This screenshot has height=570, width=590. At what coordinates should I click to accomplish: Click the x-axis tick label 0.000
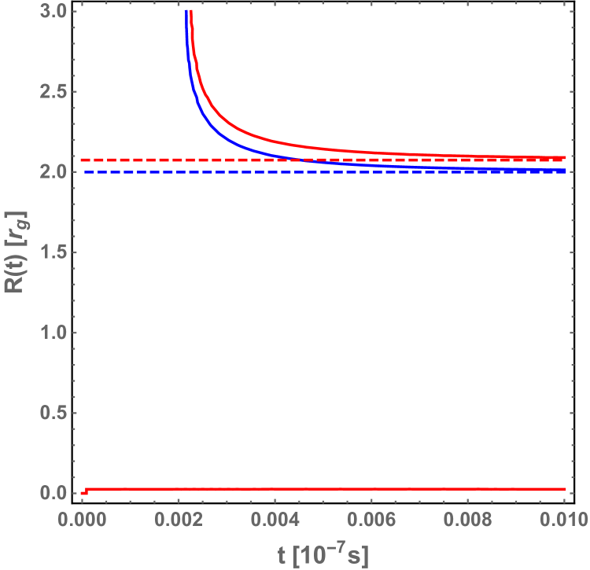pyautogui.click(x=82, y=520)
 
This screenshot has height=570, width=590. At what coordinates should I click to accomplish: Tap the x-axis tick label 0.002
pyautogui.click(x=179, y=520)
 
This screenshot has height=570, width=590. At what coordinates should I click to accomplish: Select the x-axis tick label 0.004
pyautogui.click(x=275, y=520)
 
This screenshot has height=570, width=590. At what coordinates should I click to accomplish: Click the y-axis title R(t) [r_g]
pyautogui.click(x=18, y=252)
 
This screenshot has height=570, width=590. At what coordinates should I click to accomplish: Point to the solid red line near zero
pyautogui.click(x=315, y=489)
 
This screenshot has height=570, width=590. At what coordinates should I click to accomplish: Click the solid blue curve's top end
pyautogui.click(x=186, y=13)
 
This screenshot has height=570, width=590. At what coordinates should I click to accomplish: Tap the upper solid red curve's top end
pyautogui.click(x=191, y=13)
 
